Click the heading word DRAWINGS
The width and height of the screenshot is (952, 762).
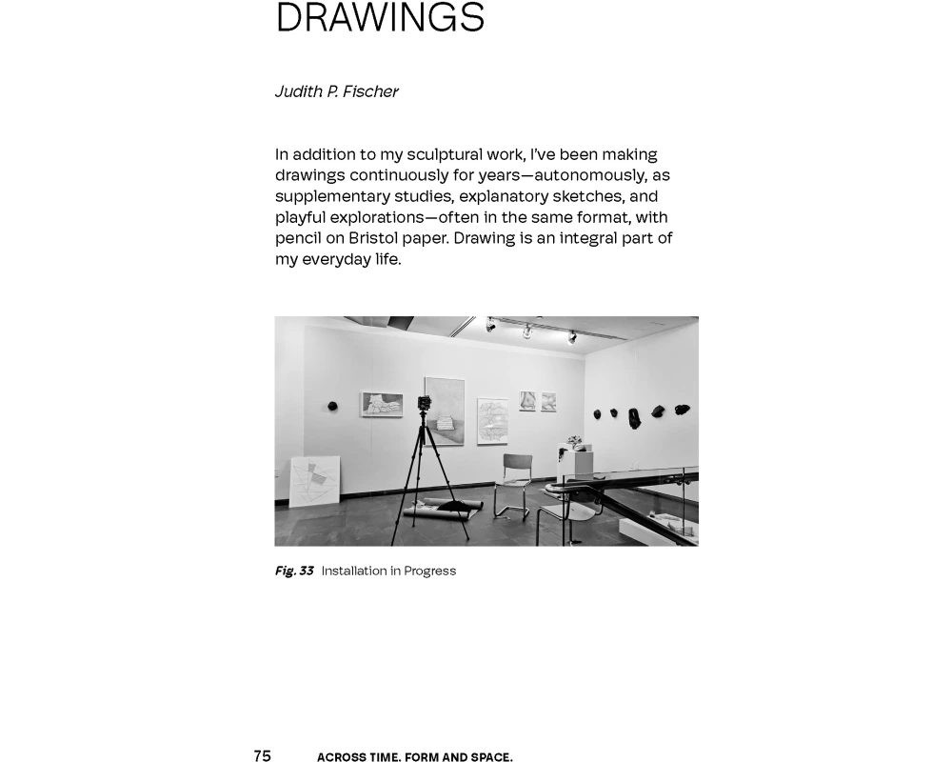(x=380, y=18)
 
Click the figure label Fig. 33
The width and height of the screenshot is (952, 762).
(x=294, y=571)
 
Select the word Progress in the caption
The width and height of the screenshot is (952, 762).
(x=429, y=571)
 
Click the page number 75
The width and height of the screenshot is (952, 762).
(x=262, y=755)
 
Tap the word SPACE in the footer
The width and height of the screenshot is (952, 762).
(x=490, y=757)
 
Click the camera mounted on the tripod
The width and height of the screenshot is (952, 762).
(x=425, y=404)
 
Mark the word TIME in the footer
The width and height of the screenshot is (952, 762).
(x=383, y=757)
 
